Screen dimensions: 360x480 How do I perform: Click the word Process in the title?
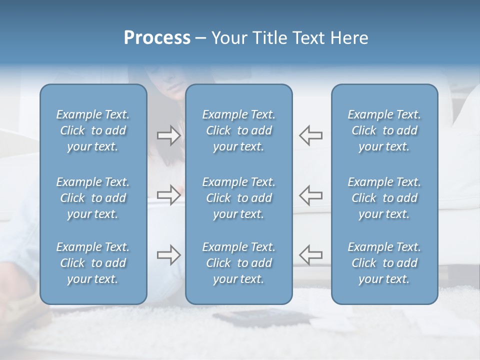click(157, 38)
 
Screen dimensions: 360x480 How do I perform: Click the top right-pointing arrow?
click(168, 135)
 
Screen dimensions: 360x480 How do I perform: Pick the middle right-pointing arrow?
click(168, 195)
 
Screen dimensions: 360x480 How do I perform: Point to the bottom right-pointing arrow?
click(168, 255)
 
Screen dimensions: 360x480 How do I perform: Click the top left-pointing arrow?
click(311, 135)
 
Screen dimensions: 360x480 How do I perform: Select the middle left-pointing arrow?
click(311, 195)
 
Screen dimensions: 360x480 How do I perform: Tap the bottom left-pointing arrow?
click(311, 255)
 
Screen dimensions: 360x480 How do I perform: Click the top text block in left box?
click(93, 130)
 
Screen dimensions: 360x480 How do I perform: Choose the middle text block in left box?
click(93, 198)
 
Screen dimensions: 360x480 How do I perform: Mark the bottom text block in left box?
click(93, 263)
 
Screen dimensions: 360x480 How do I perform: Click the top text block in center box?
click(238, 130)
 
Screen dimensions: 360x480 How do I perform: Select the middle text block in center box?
click(238, 198)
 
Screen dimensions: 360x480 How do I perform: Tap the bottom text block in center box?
click(238, 263)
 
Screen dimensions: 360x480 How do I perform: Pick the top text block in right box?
click(384, 130)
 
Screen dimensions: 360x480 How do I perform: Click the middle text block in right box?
click(384, 198)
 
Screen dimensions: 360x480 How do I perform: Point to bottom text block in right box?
click(384, 263)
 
